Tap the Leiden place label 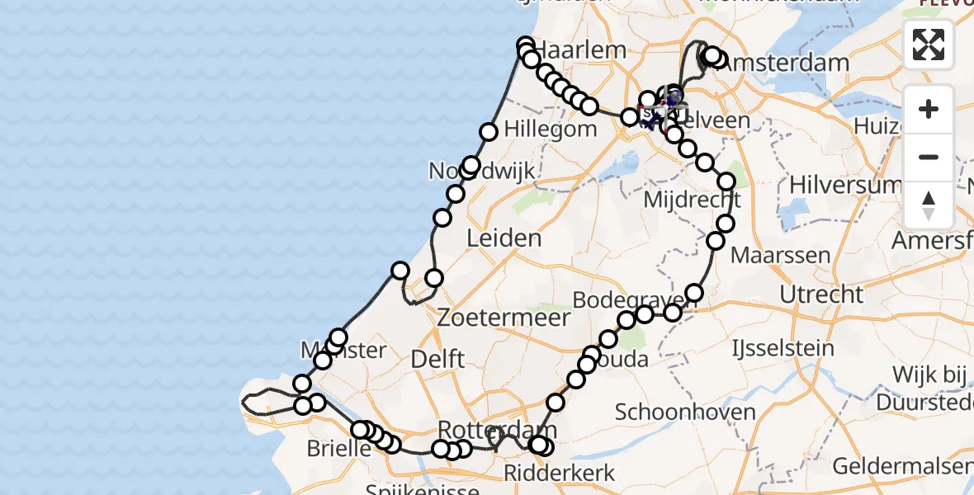504,238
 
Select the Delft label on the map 437,359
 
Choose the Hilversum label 844,185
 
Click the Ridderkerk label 560,473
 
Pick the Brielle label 338,450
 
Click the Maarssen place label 780,254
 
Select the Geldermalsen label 902,466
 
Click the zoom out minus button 929,157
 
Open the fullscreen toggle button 929,45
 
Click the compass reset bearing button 929,205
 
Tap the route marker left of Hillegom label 489,131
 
